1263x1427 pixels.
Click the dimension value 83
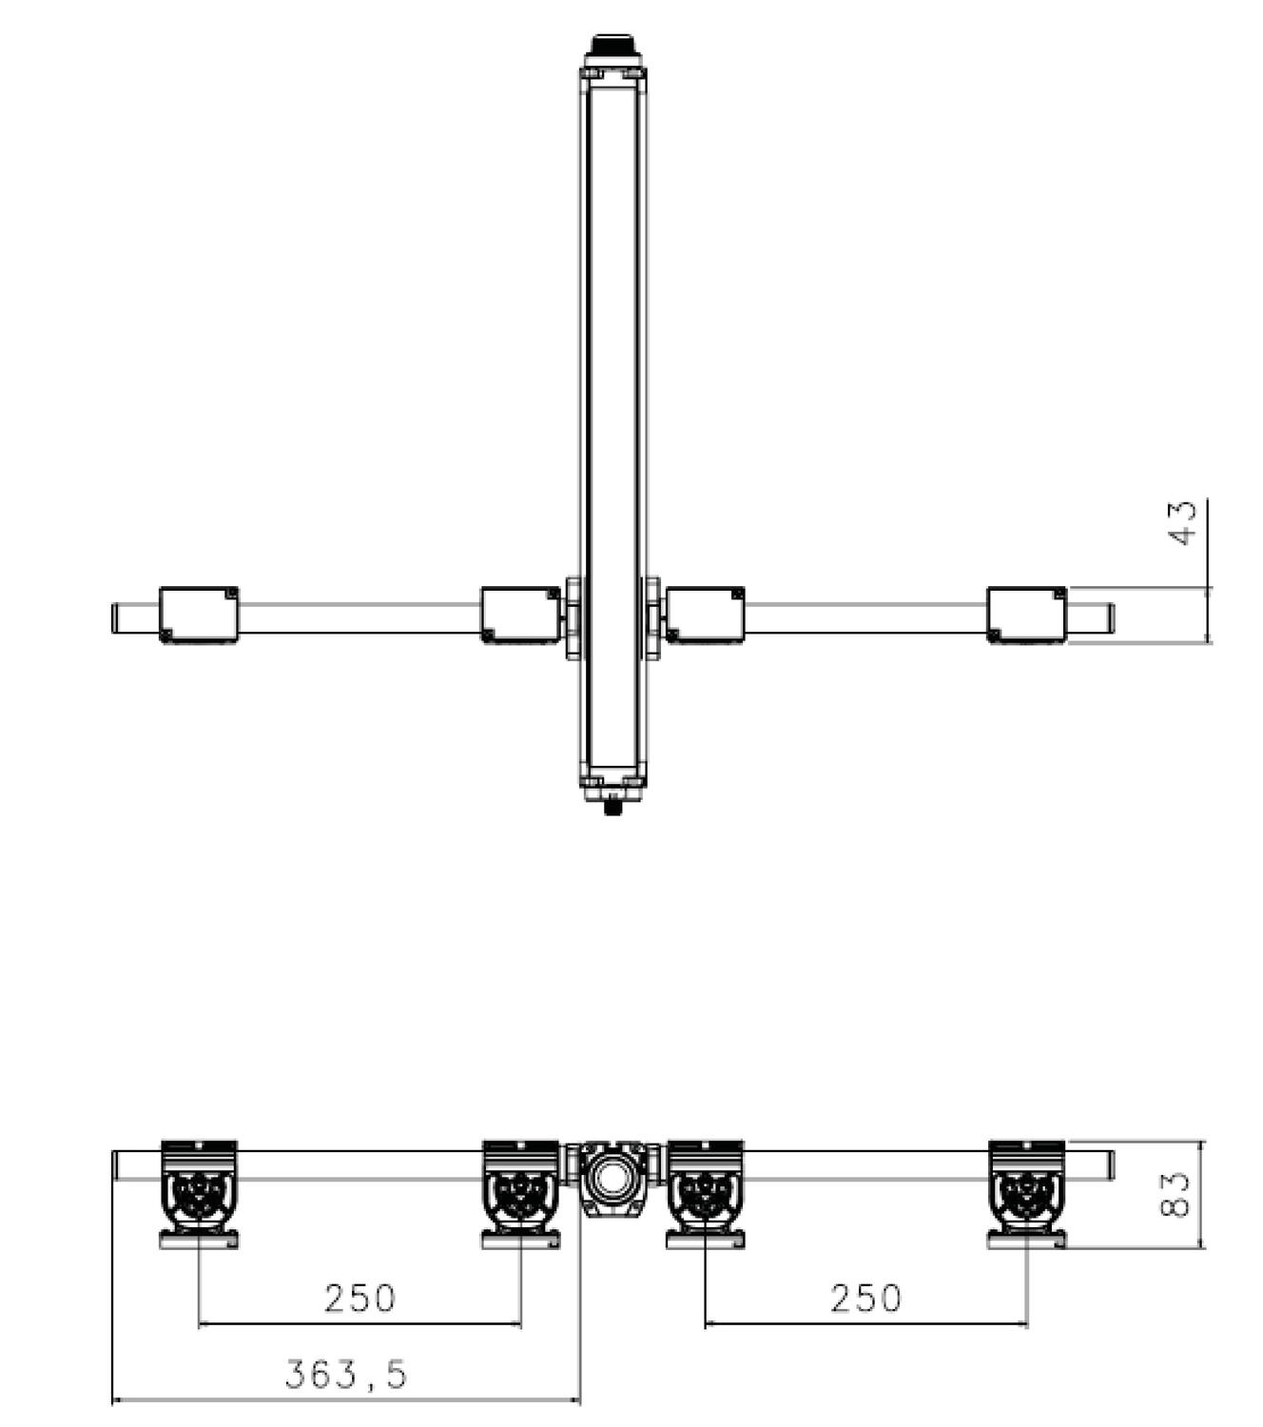click(1176, 1194)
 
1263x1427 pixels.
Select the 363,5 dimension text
click(346, 1374)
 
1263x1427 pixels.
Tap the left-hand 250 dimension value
click(359, 1299)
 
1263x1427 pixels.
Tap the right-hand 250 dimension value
click(865, 1299)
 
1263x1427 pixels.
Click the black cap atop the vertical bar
click(613, 46)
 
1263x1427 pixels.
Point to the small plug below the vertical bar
click(613, 809)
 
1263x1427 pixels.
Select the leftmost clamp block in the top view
click(199, 616)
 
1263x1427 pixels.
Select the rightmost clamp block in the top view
click(1026, 616)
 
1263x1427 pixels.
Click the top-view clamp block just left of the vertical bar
click(520, 616)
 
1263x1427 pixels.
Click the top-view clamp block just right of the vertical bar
click(705, 616)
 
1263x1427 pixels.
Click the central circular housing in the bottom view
click(612, 1179)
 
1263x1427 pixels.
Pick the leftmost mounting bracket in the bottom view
click(199, 1194)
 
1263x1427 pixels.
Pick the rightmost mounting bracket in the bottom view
click(1026, 1194)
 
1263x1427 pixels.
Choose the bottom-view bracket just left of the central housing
click(520, 1194)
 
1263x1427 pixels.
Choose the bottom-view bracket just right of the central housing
click(705, 1194)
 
